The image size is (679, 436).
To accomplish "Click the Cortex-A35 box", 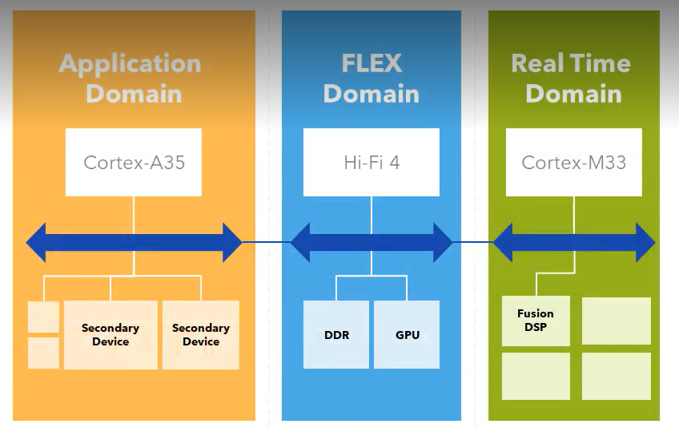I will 134,163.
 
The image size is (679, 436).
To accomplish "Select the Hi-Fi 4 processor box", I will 372,163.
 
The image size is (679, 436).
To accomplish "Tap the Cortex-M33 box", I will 573,163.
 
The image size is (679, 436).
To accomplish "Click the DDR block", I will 336,334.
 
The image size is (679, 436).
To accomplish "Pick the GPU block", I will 407,334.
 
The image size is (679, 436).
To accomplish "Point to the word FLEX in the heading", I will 371,64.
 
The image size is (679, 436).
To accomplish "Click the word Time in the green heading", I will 601,64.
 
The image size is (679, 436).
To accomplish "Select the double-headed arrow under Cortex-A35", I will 134,242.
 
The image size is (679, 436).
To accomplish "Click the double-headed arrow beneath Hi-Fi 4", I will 372,242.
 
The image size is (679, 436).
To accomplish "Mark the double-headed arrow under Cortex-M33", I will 573,242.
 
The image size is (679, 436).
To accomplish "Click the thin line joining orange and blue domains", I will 266,242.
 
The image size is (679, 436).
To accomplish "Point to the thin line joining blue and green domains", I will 472,242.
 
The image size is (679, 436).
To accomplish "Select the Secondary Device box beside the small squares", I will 110,335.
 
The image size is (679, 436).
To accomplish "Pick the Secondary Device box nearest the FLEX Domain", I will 201,335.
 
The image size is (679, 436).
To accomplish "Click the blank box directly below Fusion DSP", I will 536,376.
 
